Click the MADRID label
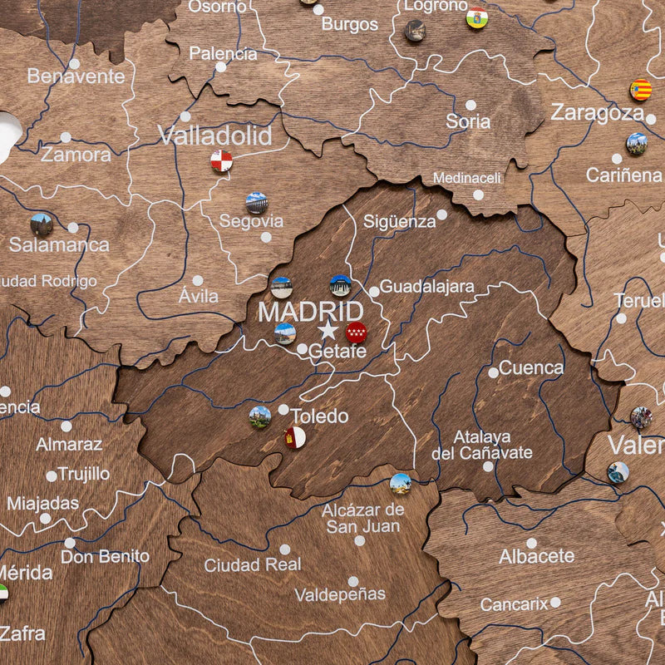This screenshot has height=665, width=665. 310,313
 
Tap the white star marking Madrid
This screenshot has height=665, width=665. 328,331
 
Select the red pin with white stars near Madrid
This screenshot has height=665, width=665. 356,332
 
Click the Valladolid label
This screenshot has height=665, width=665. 215,135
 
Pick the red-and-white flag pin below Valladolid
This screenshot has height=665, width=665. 221,160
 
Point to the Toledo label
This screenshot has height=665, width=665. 318,416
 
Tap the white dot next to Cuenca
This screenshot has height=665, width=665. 494,372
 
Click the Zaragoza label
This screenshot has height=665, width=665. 597,112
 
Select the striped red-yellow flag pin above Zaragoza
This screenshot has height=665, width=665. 640,90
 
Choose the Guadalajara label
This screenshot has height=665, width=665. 427,287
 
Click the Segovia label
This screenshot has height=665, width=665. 251,221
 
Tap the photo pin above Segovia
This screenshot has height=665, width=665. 257,203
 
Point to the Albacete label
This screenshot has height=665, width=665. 536,556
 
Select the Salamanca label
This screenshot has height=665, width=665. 59,244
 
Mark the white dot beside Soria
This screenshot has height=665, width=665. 470,106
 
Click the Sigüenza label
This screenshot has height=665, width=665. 399,222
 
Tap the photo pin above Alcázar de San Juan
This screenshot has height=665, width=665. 401,483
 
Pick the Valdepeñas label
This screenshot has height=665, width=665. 340,594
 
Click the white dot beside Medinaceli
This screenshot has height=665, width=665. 478,195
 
